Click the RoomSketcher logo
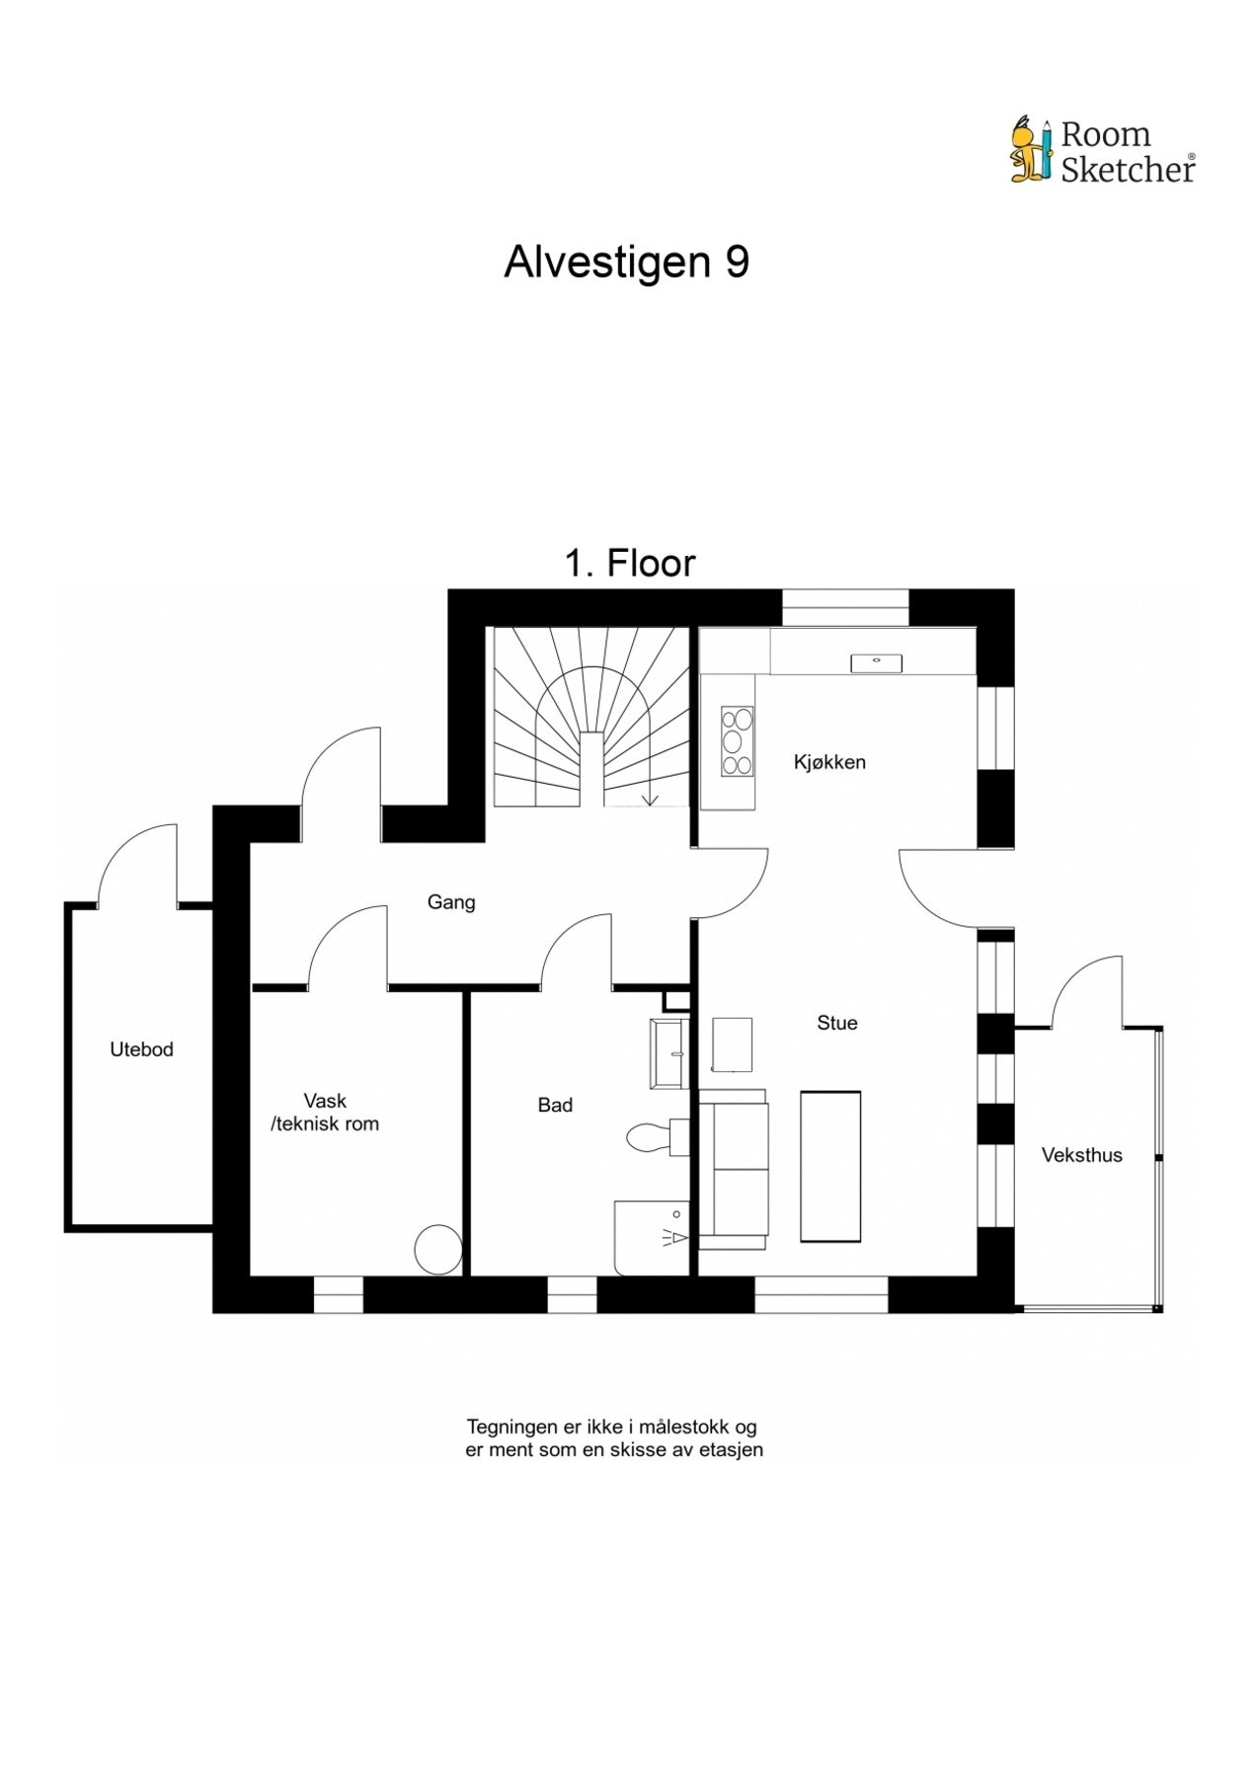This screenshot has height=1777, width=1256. click(1102, 151)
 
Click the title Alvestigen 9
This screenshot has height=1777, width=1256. click(627, 263)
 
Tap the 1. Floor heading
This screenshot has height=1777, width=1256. click(630, 564)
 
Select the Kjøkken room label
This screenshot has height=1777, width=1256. click(829, 762)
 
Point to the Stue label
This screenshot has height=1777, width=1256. click(836, 1023)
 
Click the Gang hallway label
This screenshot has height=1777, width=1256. click(451, 902)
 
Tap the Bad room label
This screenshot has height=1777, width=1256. click(555, 1106)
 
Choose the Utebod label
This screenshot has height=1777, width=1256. click(141, 1049)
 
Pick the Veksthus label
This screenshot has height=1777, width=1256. click(1082, 1155)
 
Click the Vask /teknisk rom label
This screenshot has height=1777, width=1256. click(325, 1113)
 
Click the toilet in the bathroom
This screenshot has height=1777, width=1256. click(657, 1136)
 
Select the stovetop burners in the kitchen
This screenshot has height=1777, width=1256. click(737, 740)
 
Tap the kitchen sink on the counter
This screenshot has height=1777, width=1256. click(876, 662)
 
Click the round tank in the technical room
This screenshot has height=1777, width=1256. click(437, 1249)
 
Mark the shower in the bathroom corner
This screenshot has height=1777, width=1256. click(653, 1238)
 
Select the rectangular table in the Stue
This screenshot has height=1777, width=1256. click(830, 1166)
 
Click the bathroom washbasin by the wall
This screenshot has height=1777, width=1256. click(668, 1054)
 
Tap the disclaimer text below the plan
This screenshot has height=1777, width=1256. click(614, 1438)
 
